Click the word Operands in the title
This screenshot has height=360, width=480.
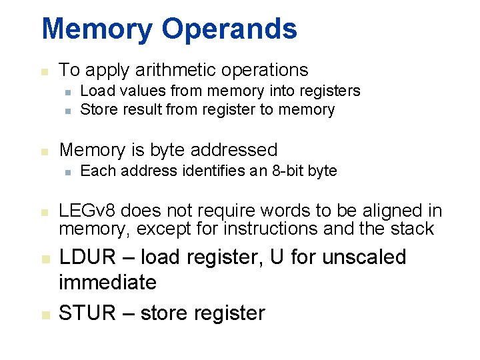click(229, 29)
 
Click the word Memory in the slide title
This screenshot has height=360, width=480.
click(96, 29)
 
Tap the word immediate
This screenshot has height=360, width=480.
click(107, 282)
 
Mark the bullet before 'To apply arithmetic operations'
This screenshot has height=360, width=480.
click(43, 71)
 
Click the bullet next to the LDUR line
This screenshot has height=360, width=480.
click(43, 259)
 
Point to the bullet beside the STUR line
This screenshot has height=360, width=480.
click(43, 314)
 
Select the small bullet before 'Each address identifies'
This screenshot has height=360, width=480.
click(67, 172)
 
